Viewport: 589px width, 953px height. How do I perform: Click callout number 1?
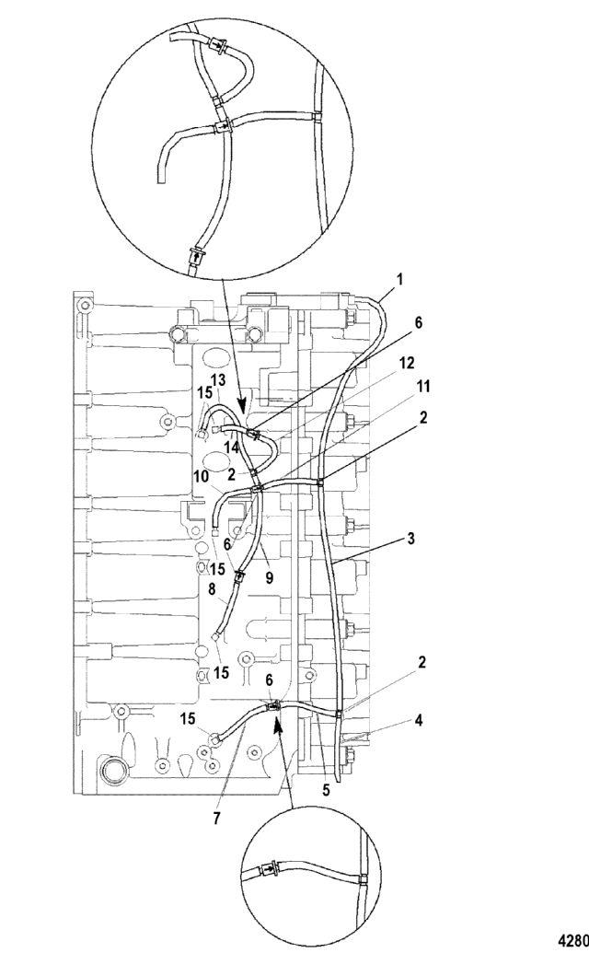click(399, 280)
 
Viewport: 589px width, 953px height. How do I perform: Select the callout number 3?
click(411, 539)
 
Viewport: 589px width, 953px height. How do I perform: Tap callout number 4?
click(419, 721)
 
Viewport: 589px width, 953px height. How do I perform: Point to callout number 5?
click(326, 791)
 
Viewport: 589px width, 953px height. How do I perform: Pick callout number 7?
click(217, 818)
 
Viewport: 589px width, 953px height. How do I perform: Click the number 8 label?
click(212, 588)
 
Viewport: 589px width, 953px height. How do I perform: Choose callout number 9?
click(269, 577)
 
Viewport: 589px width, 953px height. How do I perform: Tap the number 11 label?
click(423, 386)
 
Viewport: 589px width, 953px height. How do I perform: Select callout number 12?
click(407, 363)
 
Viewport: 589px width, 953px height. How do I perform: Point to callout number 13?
click(218, 380)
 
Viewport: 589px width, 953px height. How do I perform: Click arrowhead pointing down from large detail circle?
click(242, 405)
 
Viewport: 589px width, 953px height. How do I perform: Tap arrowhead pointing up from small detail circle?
click(277, 723)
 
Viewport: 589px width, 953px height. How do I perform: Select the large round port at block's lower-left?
click(113, 770)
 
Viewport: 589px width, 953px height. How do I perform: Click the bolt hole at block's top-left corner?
click(85, 304)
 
